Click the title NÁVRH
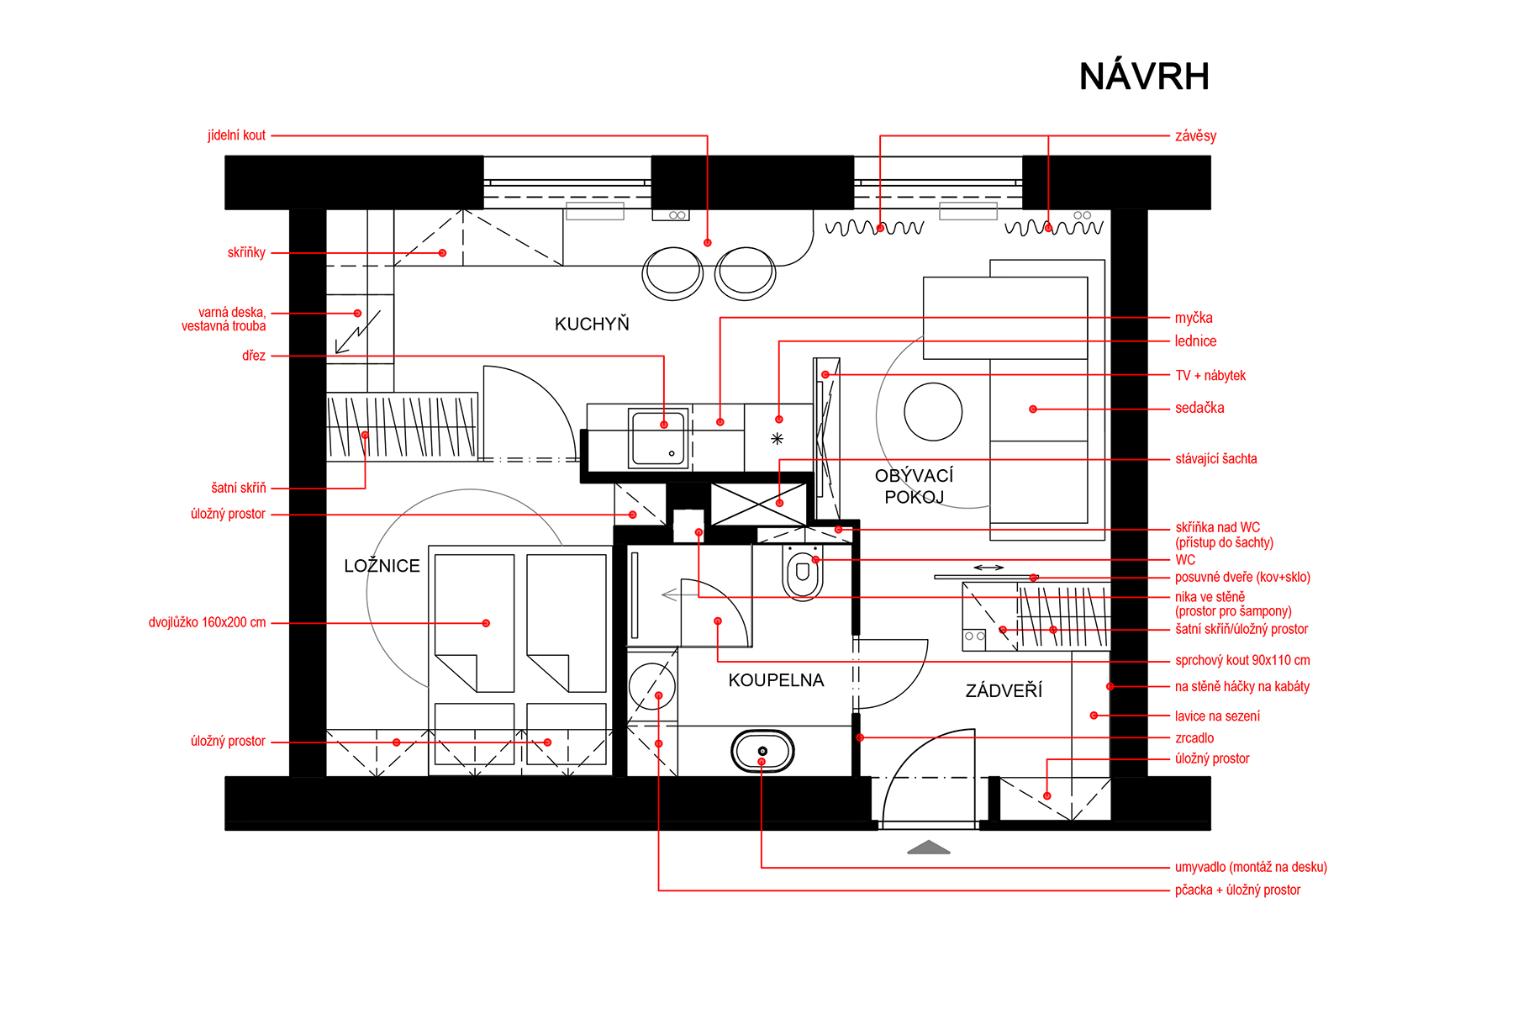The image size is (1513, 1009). tap(1144, 76)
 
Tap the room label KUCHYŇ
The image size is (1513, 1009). tap(592, 324)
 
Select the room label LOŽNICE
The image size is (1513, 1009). tap(382, 565)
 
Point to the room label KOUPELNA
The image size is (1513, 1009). tap(776, 679)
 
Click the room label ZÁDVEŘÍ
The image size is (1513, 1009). tap(1004, 690)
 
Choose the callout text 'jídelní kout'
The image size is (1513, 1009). tap(236, 135)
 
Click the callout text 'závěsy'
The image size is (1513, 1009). tap(1195, 135)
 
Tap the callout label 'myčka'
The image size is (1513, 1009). tap(1194, 318)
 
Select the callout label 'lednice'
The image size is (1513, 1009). tap(1195, 341)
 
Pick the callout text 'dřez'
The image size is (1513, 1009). tap(254, 356)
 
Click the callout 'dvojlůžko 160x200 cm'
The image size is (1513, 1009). tap(207, 622)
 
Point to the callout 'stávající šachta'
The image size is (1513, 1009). tap(1215, 458)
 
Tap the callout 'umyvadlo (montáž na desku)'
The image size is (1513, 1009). tap(1251, 867)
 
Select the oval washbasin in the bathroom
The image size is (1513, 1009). tap(762, 751)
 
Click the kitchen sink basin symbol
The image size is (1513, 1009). tap(659, 438)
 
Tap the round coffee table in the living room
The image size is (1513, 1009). tap(933, 412)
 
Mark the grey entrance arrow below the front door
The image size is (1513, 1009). tap(929, 848)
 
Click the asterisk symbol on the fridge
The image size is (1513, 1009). tap(777, 439)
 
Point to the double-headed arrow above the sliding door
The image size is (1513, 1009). tap(988, 568)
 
